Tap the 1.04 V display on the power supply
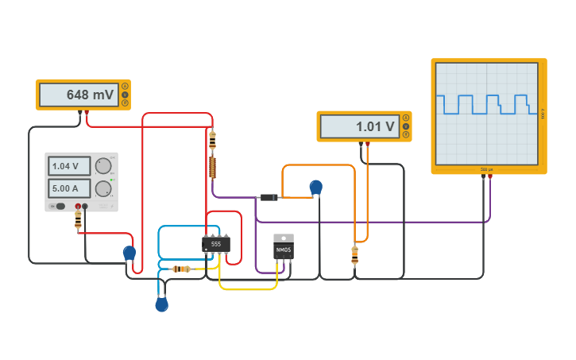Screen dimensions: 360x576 70,166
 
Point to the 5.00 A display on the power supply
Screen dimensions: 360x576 70,189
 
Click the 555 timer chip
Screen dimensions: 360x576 215,244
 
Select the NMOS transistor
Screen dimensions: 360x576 283,250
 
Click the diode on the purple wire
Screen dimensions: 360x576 269,197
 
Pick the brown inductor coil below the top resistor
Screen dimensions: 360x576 212,167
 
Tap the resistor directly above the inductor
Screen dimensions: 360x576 212,141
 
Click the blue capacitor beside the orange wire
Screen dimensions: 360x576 315,188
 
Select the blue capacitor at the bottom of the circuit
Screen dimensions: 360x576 162,304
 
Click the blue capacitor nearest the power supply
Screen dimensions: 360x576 129,253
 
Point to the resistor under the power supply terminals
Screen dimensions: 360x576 78,223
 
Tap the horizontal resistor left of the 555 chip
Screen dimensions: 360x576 181,269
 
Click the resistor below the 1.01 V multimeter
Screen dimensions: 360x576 354,254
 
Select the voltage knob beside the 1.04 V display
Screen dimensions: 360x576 103,166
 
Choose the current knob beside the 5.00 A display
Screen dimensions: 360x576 103,189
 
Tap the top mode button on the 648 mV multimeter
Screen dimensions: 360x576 125,86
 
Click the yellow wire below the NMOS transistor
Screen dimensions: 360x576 248,289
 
